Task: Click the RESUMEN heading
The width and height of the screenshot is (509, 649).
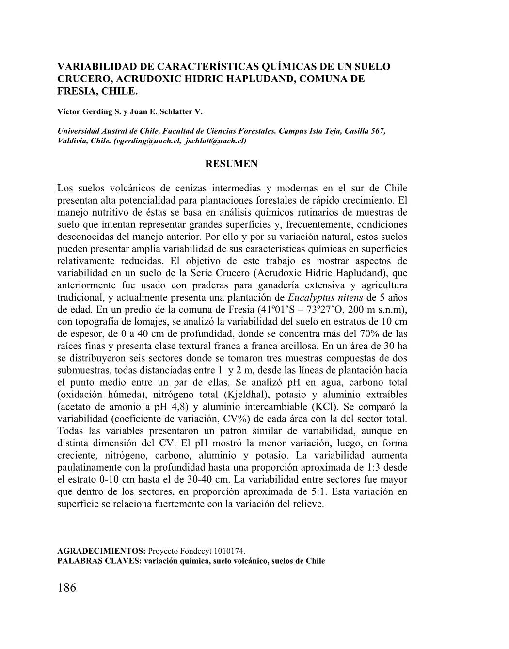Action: coord(232,164)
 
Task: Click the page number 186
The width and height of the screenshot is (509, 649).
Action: coord(67,588)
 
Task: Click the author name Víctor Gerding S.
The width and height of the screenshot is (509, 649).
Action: coord(88,111)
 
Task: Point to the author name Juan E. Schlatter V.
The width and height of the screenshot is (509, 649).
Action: coord(165,111)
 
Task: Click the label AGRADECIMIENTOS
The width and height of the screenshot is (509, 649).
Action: coord(101,551)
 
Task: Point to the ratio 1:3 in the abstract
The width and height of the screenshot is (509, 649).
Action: coord(372,467)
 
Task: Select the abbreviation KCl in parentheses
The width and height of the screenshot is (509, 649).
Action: coord(318,407)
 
